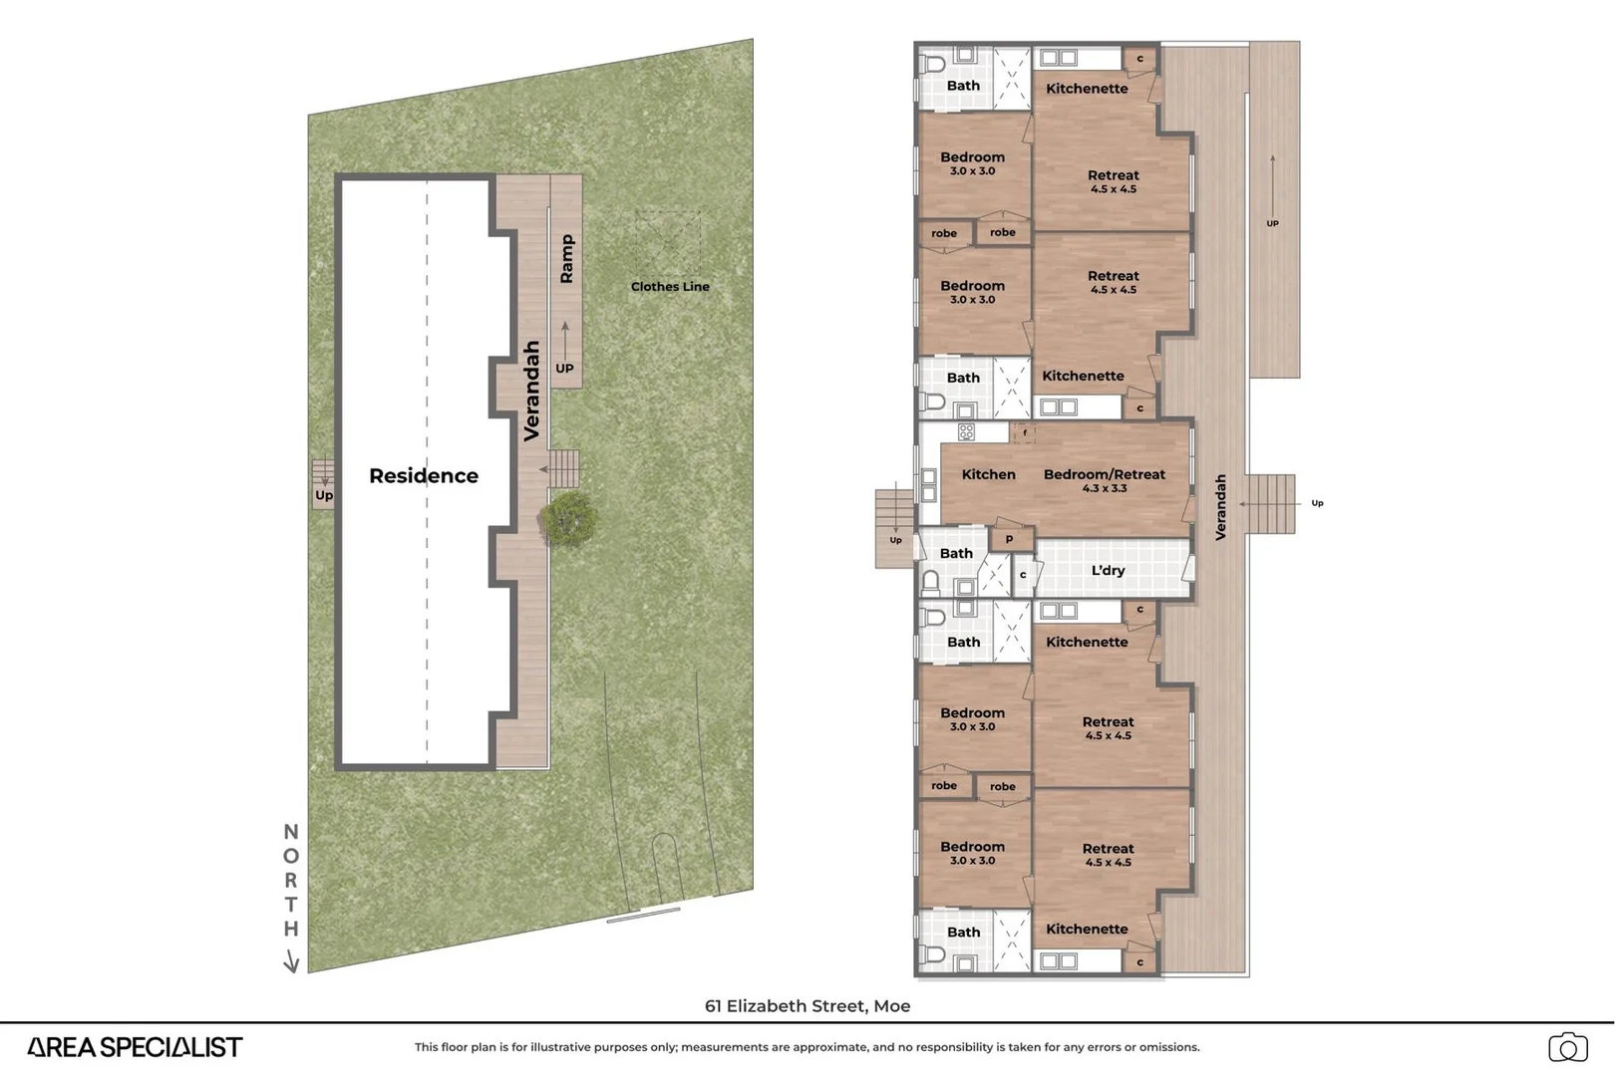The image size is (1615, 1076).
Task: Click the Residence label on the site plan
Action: [x=424, y=476]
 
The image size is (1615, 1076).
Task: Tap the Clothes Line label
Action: [x=670, y=287]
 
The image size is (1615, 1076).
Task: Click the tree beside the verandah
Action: [x=569, y=519]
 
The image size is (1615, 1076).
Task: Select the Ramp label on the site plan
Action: [x=566, y=259]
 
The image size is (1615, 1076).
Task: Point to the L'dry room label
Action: [x=1108, y=571]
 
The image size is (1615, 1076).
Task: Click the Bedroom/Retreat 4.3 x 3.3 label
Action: [x=1104, y=480]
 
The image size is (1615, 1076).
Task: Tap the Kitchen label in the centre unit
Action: [x=988, y=475]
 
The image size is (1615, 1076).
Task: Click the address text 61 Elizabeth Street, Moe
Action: [x=807, y=1006]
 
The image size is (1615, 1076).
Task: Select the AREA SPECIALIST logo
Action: [x=135, y=1047]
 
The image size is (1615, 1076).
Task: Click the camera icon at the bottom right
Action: [x=1567, y=1048]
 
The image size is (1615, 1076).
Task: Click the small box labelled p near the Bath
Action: [x=1009, y=539]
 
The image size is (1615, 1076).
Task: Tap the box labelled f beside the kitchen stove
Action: [x=1024, y=433]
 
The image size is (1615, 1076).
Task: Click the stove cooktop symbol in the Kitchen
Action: [x=966, y=432]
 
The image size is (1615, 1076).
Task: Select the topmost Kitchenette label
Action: [x=1087, y=89]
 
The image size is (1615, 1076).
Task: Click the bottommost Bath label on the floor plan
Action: [x=963, y=933]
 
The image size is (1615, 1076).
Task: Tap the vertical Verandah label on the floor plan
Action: [x=1220, y=507]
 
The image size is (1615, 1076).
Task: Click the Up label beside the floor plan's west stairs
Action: [x=895, y=541]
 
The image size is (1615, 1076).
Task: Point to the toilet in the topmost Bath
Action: [x=933, y=65]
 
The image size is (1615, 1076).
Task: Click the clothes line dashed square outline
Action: [x=668, y=243]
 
